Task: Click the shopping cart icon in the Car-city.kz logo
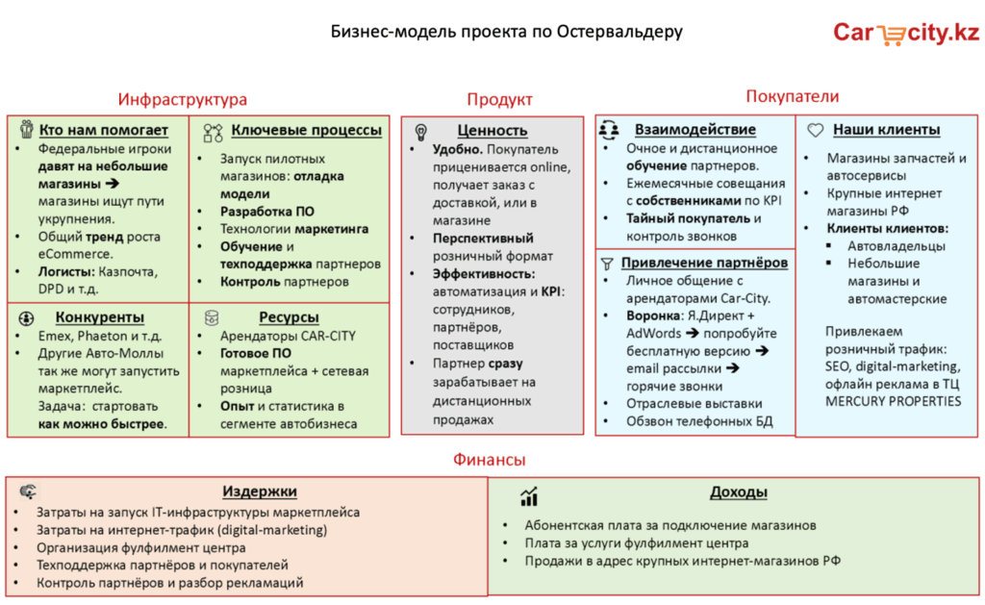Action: [891, 36]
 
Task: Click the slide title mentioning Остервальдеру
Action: [506, 32]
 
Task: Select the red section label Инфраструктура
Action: [182, 99]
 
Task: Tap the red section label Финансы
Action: [490, 460]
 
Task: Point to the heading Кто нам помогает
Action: [104, 130]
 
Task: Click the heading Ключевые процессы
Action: [307, 130]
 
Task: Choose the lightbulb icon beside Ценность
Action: [421, 132]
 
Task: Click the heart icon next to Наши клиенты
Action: [816, 130]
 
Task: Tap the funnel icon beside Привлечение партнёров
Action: [607, 264]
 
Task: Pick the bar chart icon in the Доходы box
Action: [529, 496]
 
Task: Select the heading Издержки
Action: [260, 492]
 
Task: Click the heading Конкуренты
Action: [100, 317]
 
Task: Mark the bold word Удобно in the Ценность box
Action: [457, 149]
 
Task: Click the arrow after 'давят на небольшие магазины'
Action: [113, 184]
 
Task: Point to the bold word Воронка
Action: [654, 315]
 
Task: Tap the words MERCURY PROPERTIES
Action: [893, 401]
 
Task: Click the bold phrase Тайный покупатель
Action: [688, 218]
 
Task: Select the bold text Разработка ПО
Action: [267, 212]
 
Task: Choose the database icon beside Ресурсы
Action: [212, 317]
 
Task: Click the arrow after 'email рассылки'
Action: [732, 368]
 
